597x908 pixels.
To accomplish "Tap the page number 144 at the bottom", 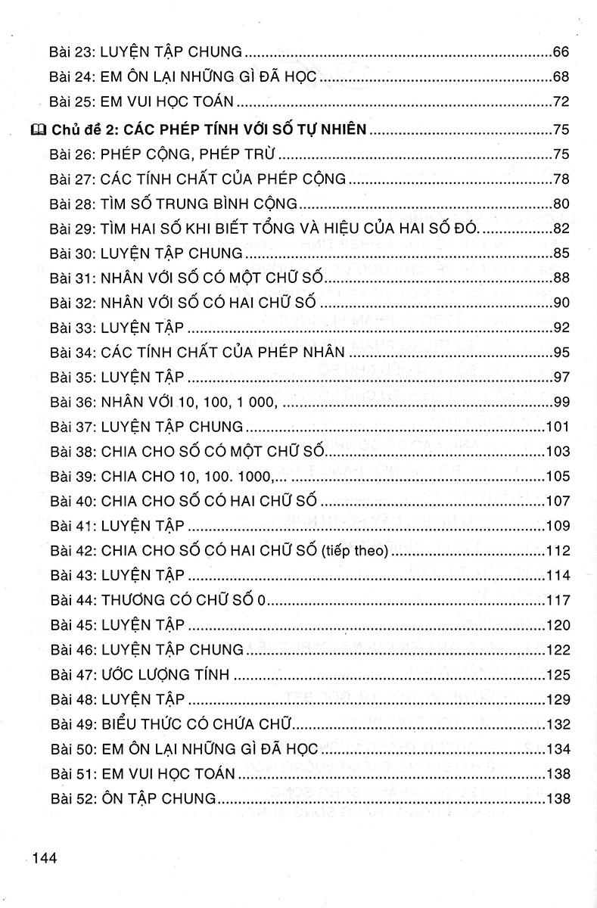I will click(x=45, y=857).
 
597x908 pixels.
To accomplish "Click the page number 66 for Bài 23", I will click(x=561, y=52).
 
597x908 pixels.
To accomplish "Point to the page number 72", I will click(x=561, y=101).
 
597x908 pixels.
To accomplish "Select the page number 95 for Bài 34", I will click(x=561, y=352).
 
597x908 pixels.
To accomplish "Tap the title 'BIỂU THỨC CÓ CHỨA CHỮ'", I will click(x=202, y=724).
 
